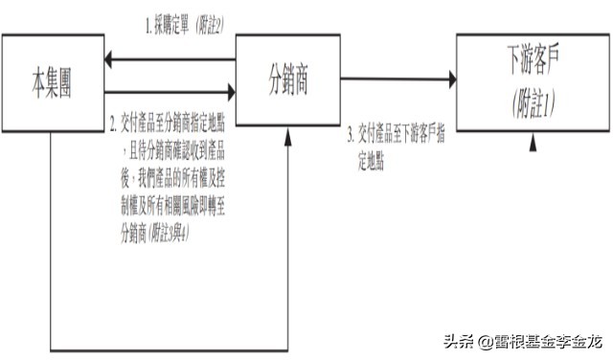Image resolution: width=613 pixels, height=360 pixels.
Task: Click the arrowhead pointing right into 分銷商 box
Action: [x=229, y=92]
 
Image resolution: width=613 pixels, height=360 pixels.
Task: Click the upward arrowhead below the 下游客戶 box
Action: [x=533, y=143]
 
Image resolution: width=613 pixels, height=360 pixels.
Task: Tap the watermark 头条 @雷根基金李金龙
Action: [x=519, y=340]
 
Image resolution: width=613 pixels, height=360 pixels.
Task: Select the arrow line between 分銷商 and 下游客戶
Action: [x=393, y=79]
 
